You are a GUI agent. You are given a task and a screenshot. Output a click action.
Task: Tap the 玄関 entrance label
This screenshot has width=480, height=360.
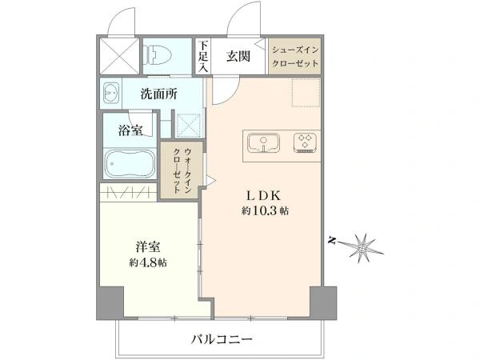coord(238,56)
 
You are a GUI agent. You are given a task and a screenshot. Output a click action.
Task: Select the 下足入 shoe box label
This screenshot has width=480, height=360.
coord(204,57)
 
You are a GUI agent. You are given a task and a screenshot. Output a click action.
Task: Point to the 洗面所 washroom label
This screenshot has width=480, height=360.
coord(158,94)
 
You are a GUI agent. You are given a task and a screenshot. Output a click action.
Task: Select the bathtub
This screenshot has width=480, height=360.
coord(129,164)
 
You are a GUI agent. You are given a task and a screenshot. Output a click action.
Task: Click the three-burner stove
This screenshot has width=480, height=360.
coord(305,142)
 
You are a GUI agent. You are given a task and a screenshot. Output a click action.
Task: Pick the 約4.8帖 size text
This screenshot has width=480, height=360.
coord(148,262)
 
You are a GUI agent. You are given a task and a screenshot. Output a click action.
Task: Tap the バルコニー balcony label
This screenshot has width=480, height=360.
coord(222,340)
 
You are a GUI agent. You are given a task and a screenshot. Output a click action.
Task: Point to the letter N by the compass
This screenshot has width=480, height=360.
coord(331,239)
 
